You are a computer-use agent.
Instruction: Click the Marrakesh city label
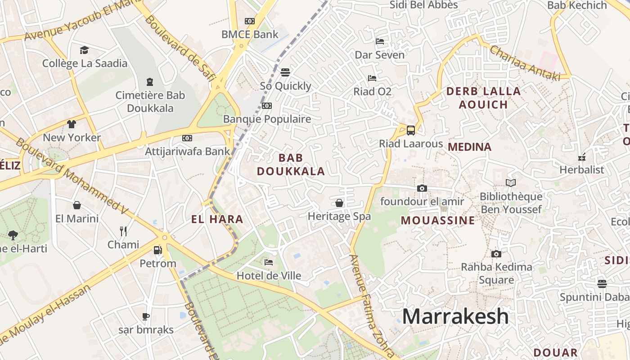point(455,316)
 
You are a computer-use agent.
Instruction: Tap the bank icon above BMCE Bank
point(250,21)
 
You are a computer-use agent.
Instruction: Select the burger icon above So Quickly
point(285,72)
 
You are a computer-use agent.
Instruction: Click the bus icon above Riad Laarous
point(410,130)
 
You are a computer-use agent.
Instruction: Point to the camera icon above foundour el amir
point(422,188)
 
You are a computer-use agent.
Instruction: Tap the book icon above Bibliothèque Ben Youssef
point(510,183)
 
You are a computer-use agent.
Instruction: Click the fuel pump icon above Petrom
point(157,250)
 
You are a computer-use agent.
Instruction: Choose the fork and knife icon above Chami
point(123,231)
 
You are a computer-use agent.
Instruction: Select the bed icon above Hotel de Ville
point(269,262)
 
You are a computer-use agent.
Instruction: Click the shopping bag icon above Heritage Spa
point(339,203)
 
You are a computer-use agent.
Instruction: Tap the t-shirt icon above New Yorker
point(72,124)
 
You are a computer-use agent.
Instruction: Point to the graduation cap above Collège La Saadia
point(84,50)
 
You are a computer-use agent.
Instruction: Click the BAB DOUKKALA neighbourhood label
point(291,164)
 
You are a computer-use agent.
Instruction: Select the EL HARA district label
point(217,220)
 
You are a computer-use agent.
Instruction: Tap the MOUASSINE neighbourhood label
point(438,220)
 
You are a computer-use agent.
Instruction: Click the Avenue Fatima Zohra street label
point(372,306)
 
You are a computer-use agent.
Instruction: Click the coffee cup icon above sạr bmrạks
point(145,316)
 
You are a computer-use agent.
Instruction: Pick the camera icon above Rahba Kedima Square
point(496,254)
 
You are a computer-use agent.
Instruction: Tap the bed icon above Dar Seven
point(380,42)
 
